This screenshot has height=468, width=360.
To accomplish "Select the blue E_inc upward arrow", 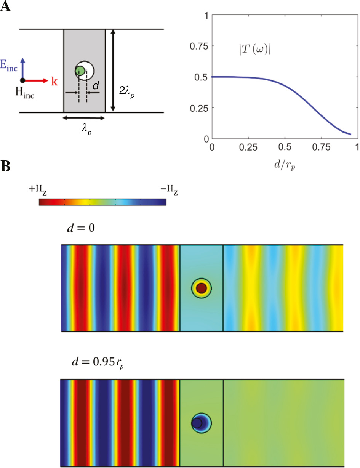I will pyautogui.click(x=23, y=69).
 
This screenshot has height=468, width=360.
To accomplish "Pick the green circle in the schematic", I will pyautogui.click(x=80, y=71).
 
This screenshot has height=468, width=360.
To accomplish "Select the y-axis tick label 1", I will pyautogui.click(x=205, y=16).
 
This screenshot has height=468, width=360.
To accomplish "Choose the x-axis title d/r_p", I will pyautogui.click(x=285, y=165).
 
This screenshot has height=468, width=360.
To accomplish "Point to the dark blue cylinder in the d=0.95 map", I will pyautogui.click(x=197, y=423).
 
